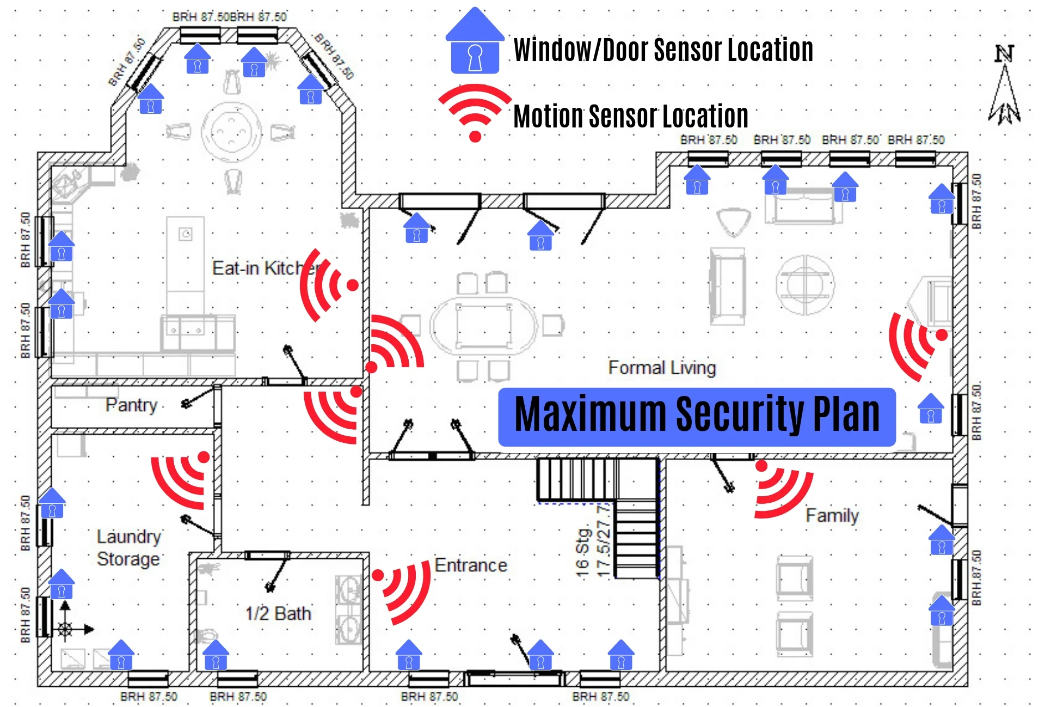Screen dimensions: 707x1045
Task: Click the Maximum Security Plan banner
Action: pyautogui.click(x=697, y=417)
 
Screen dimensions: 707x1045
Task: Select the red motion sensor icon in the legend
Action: pyautogui.click(x=475, y=112)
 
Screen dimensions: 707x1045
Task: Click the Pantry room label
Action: pyautogui.click(x=131, y=405)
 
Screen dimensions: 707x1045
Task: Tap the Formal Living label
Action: pyautogui.click(x=662, y=368)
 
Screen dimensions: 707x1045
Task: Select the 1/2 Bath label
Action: pyautogui.click(x=278, y=614)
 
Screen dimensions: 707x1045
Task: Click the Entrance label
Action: pyautogui.click(x=471, y=566)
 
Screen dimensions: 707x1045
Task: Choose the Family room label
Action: pyautogui.click(x=832, y=515)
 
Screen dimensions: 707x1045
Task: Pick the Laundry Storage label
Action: pyautogui.click(x=129, y=548)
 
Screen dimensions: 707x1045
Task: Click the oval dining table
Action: pyautogui.click(x=483, y=326)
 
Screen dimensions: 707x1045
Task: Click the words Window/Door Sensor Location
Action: pyautogui.click(x=663, y=50)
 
